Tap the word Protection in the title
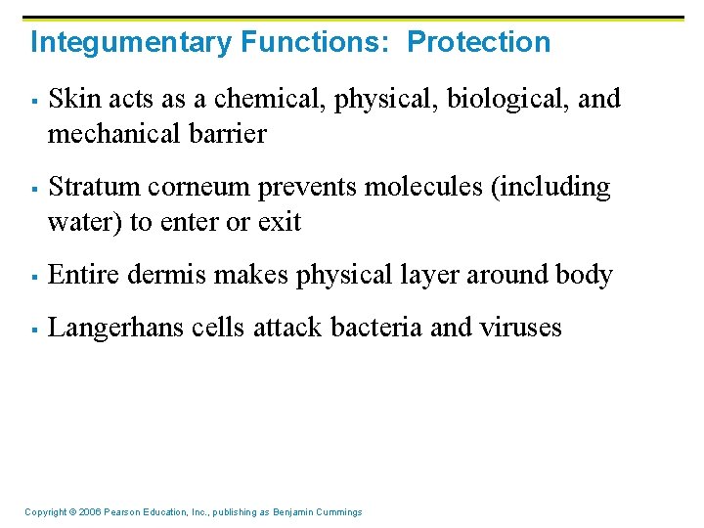(478, 43)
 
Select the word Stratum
(89, 187)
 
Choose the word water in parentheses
(85, 223)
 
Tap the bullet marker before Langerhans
(33, 329)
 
